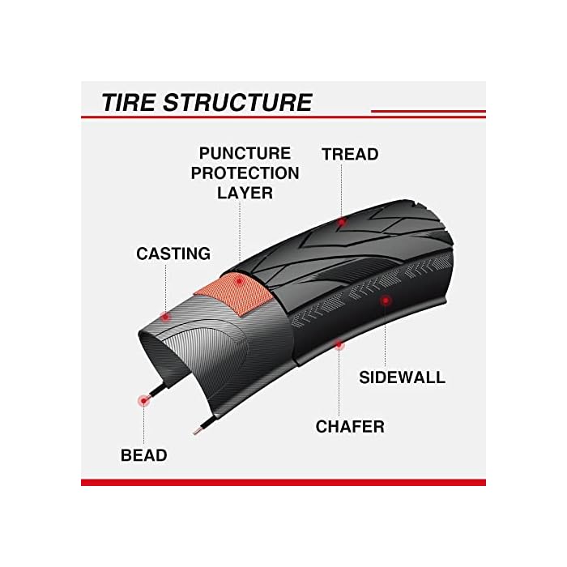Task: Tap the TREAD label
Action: [350, 154]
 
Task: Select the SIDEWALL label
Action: [403, 377]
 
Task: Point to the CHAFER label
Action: [350, 426]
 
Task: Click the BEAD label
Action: [144, 455]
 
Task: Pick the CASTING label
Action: [173, 254]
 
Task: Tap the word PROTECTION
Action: [245, 173]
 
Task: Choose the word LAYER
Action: [245, 194]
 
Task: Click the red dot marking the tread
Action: [342, 220]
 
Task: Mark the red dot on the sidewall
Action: [386, 300]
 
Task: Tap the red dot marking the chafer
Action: [339, 345]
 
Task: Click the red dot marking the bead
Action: [144, 399]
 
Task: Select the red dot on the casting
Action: [164, 315]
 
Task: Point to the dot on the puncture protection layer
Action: [240, 280]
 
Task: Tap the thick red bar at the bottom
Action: [283, 482]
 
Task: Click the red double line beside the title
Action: [428, 113]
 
